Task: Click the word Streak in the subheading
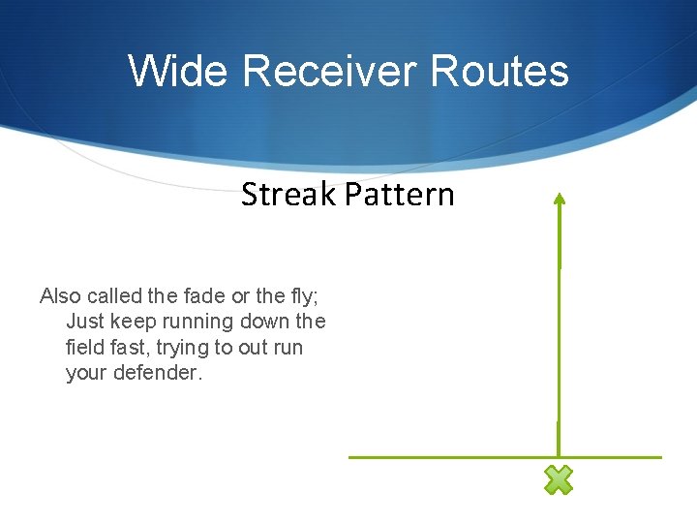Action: (x=288, y=195)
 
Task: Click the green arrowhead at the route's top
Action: (x=559, y=199)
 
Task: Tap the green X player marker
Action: (x=559, y=479)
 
